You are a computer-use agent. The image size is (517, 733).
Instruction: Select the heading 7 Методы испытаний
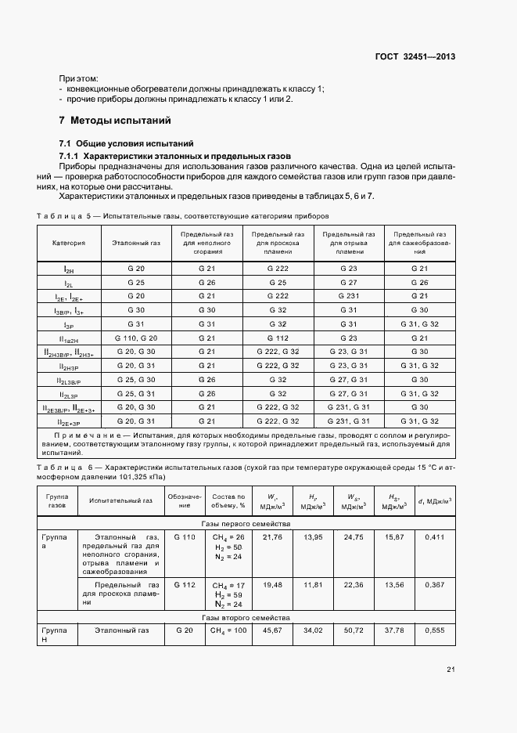[x=114, y=121]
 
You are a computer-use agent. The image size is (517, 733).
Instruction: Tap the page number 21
[x=451, y=669]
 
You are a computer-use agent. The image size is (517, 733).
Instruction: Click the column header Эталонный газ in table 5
[x=136, y=243]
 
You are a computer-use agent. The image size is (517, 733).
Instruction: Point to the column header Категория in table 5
[x=69, y=243]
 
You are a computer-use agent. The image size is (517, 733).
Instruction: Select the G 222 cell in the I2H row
[x=278, y=268]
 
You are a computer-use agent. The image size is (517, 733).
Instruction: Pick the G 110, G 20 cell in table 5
[x=136, y=338]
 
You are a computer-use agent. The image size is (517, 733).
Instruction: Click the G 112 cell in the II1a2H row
[x=278, y=338]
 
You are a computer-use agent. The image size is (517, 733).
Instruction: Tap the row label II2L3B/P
[x=69, y=380]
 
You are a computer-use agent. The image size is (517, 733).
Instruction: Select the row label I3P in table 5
[x=69, y=324]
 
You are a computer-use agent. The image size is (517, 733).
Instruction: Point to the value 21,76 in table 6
[x=272, y=536]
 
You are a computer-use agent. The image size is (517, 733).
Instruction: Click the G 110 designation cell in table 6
[x=185, y=536]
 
